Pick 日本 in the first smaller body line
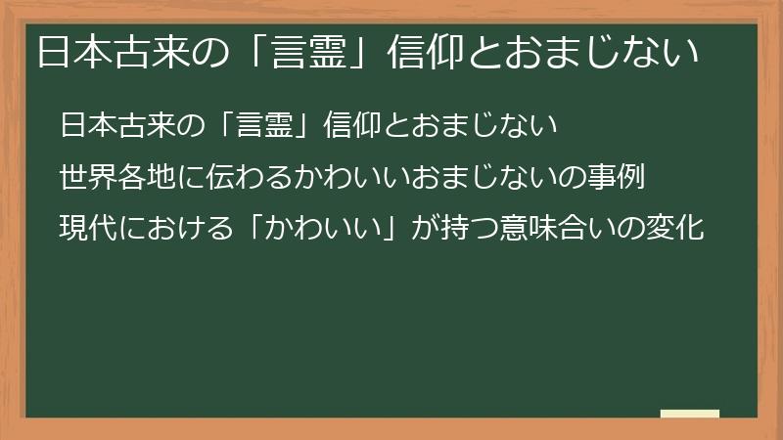pyautogui.click(x=84, y=126)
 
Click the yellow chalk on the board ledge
pyautogui.click(x=689, y=414)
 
